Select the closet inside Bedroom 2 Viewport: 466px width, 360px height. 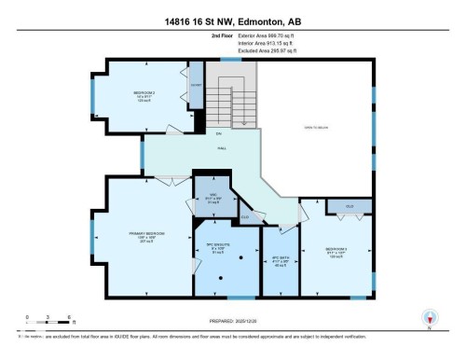click(196, 87)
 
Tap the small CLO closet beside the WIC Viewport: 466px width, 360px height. click(245, 216)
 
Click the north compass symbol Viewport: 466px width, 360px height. click(430, 318)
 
